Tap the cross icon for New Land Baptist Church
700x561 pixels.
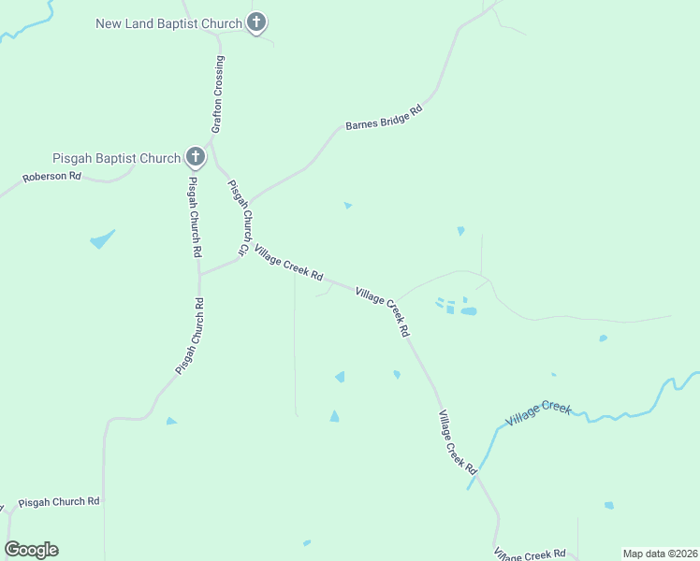(x=256, y=22)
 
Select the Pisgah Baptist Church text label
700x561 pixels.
(x=117, y=158)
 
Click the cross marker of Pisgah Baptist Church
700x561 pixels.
(x=195, y=157)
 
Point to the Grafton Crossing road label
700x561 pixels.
(x=218, y=94)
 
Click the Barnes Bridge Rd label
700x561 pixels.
(x=384, y=117)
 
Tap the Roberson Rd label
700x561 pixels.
(x=52, y=176)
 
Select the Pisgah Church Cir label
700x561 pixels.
(x=241, y=218)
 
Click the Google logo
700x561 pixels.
(x=32, y=550)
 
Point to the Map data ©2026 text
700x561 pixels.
(x=660, y=553)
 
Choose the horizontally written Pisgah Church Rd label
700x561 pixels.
(x=59, y=501)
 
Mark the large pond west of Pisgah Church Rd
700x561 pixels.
(x=102, y=239)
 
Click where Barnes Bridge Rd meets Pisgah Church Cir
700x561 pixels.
(x=249, y=201)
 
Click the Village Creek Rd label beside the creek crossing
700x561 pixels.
(x=457, y=443)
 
